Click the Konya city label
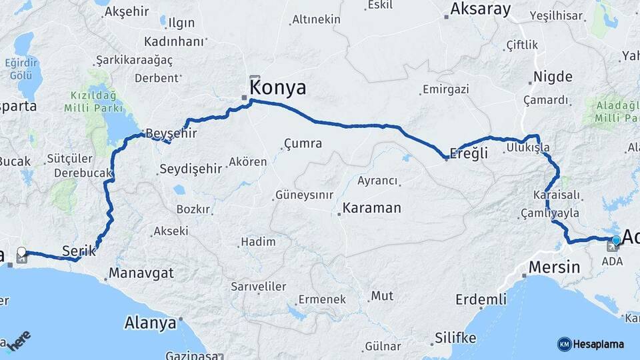(278, 88)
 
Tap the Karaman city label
(372, 208)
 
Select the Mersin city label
(554, 267)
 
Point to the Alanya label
(150, 323)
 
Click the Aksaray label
(480, 9)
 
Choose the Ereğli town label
(469, 153)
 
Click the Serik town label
(75, 251)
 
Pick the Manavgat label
(141, 273)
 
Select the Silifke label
(455, 338)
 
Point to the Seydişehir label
(190, 169)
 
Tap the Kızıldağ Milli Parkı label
(94, 101)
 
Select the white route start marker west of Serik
(21, 252)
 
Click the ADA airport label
(611, 261)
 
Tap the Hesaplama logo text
(599, 344)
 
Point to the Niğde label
(552, 77)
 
